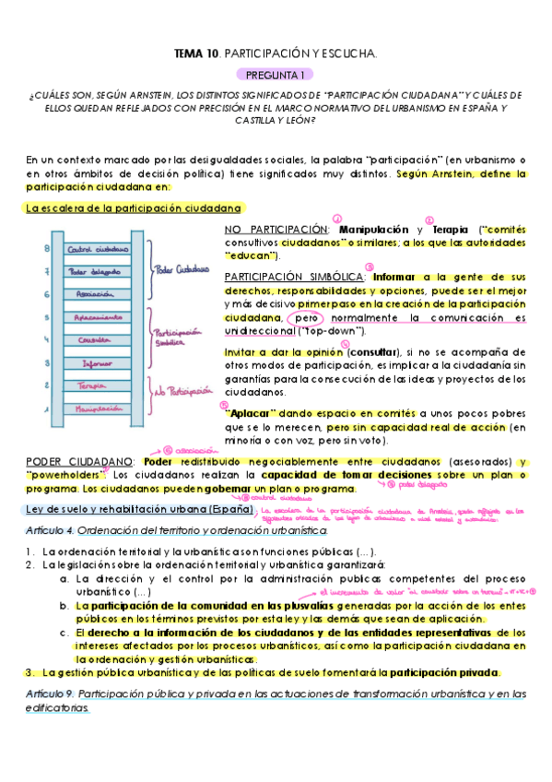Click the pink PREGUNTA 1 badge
(x=276, y=74)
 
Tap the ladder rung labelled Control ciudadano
(x=97, y=249)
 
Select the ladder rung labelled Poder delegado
(x=97, y=271)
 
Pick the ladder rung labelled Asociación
(x=97, y=293)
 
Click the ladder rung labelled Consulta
(x=97, y=339)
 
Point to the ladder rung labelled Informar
(x=97, y=362)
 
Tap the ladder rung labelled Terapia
(x=97, y=385)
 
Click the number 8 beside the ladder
(x=47, y=248)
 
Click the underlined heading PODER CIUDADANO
(x=81, y=460)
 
